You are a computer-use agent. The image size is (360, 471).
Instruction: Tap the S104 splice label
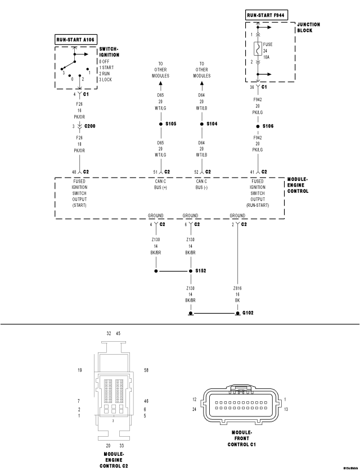pyautogui.click(x=211, y=123)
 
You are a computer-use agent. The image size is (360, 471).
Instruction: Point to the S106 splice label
pyautogui.click(x=268, y=126)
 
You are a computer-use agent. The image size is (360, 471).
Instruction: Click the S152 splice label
pyautogui.click(x=201, y=270)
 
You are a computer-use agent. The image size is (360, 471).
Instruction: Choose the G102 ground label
pyautogui.click(x=249, y=313)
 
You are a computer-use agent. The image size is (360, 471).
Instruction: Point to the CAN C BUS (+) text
pyautogui.click(x=161, y=184)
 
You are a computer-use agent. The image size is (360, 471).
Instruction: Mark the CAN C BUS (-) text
pyautogui.click(x=202, y=184)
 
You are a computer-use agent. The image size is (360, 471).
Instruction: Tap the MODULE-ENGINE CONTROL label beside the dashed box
pyautogui.click(x=298, y=185)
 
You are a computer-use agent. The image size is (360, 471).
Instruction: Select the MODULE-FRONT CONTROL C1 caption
pyautogui.click(x=242, y=438)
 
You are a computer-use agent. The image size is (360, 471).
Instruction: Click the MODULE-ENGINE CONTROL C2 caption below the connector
pyautogui.click(x=114, y=460)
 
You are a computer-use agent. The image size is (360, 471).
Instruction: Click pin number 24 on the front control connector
pyautogui.click(x=193, y=409)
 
